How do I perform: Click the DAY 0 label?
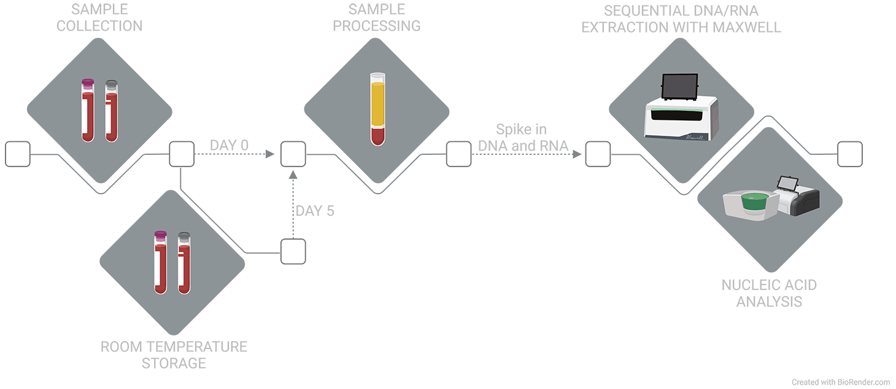click(x=229, y=146)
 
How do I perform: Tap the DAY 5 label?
click(x=315, y=211)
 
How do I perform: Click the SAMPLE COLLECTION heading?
click(x=107, y=18)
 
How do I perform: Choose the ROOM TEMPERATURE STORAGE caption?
click(x=174, y=355)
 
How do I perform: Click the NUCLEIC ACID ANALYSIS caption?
click(x=769, y=293)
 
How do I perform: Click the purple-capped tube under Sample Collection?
click(x=88, y=111)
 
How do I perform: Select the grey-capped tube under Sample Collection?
click(x=111, y=111)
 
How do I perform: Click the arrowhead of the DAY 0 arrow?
click(x=270, y=154)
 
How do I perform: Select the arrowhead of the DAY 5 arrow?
click(x=293, y=176)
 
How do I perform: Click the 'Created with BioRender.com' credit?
click(x=840, y=382)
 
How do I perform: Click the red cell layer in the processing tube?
click(x=377, y=135)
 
